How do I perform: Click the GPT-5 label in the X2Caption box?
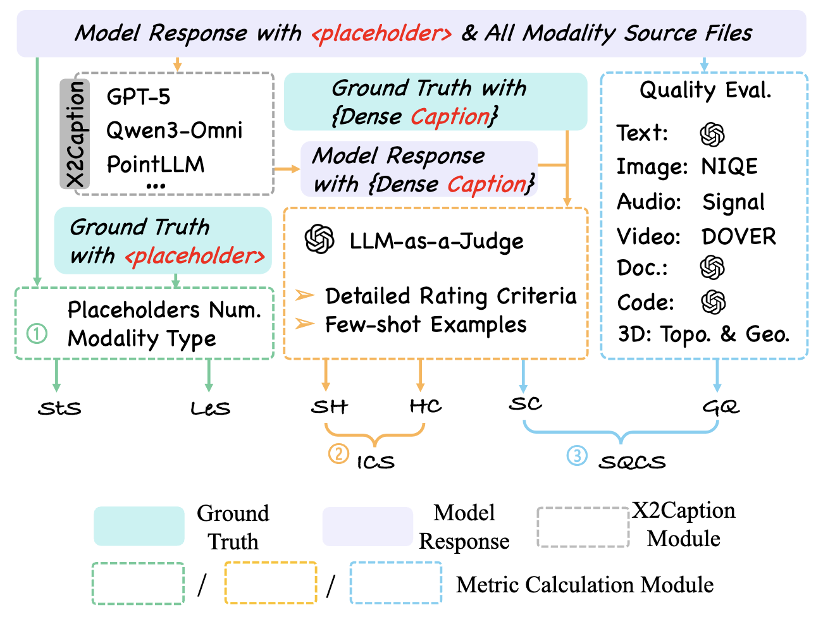pyautogui.click(x=138, y=97)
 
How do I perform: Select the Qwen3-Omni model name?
pyautogui.click(x=174, y=130)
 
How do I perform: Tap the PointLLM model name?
pyautogui.click(x=155, y=164)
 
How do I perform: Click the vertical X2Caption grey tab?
pyautogui.click(x=75, y=133)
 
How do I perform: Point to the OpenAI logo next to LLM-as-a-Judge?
pyautogui.click(x=319, y=240)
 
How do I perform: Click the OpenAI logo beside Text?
pyautogui.click(x=712, y=134)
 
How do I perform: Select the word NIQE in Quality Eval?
pyautogui.click(x=729, y=167)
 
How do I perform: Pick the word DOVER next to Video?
pyautogui.click(x=738, y=236)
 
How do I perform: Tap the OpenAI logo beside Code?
pyautogui.click(x=713, y=302)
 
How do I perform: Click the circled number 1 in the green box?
pyautogui.click(x=37, y=333)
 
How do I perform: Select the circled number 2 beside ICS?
pyautogui.click(x=338, y=453)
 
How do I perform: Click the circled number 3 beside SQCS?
pyautogui.click(x=577, y=455)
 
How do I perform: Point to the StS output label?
pyautogui.click(x=59, y=408)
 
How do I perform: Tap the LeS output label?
pyautogui.click(x=210, y=408)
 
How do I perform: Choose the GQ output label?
pyautogui.click(x=721, y=407)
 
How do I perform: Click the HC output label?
pyautogui.click(x=425, y=406)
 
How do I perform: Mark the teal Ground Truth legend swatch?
pyautogui.click(x=139, y=526)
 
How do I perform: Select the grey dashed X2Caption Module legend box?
pyautogui.click(x=583, y=527)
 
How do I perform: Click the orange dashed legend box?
pyautogui.click(x=270, y=582)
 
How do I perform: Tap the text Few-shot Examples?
pyautogui.click(x=425, y=325)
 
